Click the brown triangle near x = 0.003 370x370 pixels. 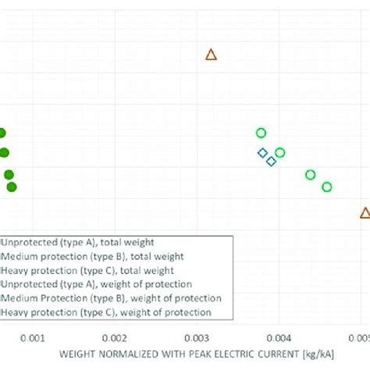[211, 55]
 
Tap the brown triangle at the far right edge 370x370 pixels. [365, 212]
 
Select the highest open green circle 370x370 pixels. [261, 133]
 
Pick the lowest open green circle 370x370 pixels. [327, 187]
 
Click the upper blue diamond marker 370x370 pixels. [263, 152]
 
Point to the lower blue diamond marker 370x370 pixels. [271, 162]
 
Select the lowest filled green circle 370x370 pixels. [11, 187]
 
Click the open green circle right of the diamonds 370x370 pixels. [280, 152]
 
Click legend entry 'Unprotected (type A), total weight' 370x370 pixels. [78, 242]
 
